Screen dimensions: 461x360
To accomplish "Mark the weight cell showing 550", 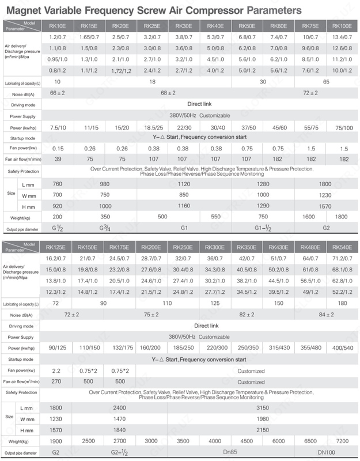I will point(217,217).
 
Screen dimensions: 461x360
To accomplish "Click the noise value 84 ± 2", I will point(325,315).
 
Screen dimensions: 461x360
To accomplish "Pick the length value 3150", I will point(263,407).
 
